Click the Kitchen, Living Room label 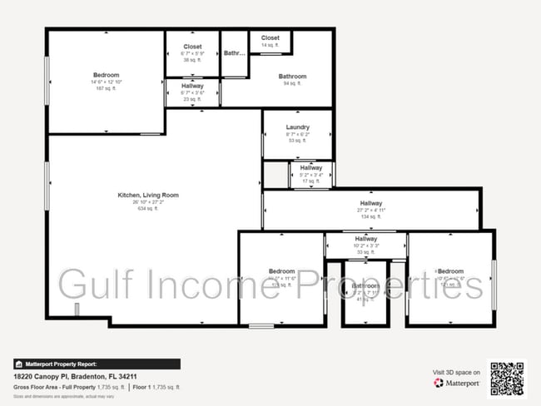147,195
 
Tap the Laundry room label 297,127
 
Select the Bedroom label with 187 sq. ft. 106,75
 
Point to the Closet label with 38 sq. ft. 192,47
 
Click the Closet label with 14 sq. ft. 270,38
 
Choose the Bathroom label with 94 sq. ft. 292,77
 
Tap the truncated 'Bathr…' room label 235,53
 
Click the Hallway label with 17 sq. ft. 311,167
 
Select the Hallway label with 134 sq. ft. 371,203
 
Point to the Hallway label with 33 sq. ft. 365,239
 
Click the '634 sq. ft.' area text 147,209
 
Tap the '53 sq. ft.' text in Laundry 297,141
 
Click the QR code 507,378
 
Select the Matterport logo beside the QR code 456,384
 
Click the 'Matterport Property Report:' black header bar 97,364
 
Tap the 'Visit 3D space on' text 456,372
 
